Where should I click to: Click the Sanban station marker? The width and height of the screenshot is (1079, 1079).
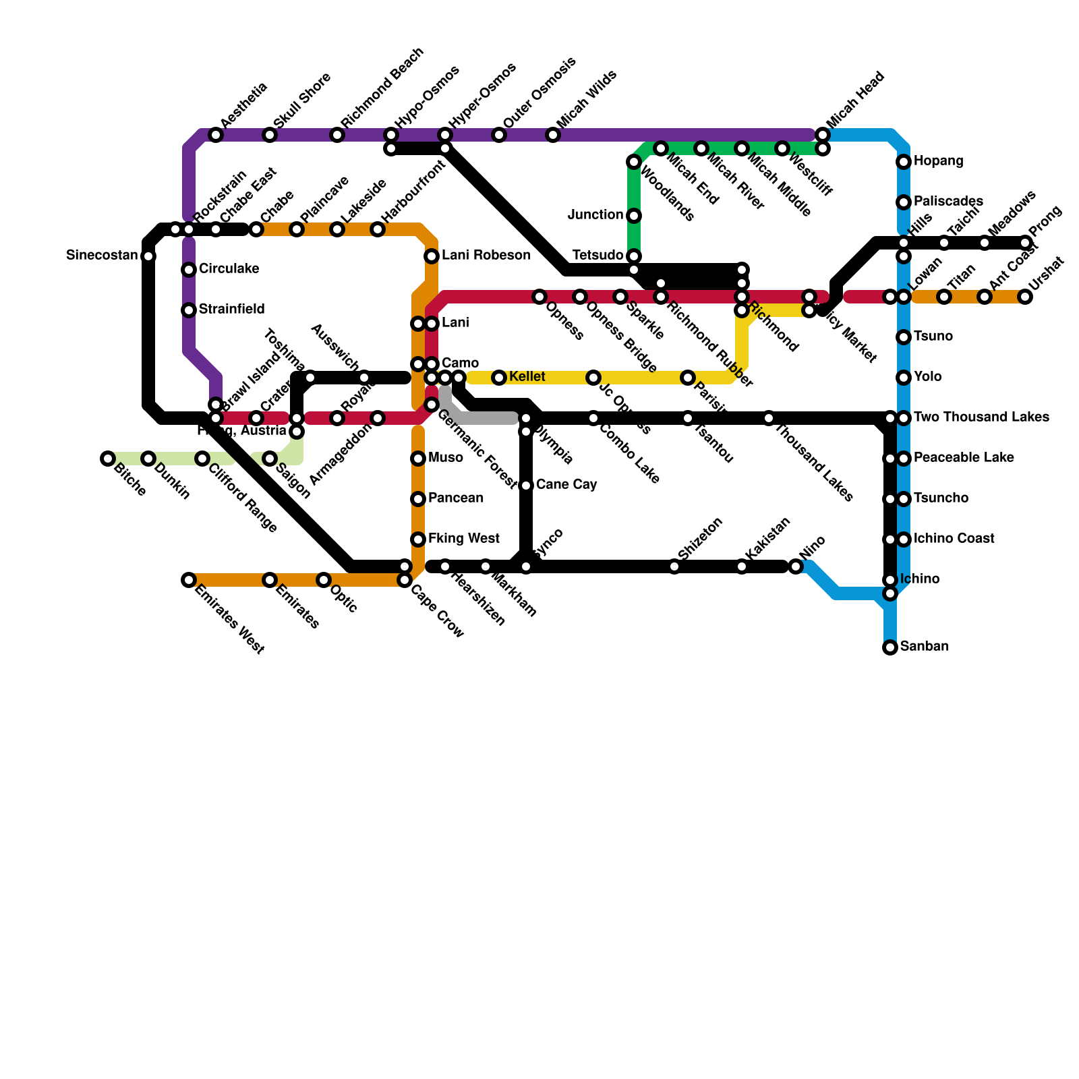pyautogui.click(x=890, y=647)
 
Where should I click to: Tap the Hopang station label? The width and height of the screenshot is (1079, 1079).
pyautogui.click(x=938, y=161)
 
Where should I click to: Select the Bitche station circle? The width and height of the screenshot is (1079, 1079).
pyautogui.click(x=108, y=459)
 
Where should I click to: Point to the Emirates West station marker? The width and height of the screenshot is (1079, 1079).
pyautogui.click(x=189, y=580)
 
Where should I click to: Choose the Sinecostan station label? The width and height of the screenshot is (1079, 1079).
pyautogui.click(x=102, y=256)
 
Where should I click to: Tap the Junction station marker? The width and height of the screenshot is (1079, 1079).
pyautogui.click(x=634, y=216)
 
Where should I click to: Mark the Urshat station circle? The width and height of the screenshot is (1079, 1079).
pyautogui.click(x=1025, y=297)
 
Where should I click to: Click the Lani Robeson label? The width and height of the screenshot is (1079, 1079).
pyautogui.click(x=486, y=256)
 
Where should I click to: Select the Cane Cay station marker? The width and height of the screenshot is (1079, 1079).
pyautogui.click(x=526, y=486)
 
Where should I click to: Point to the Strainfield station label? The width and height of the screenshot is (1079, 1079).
pyautogui.click(x=231, y=310)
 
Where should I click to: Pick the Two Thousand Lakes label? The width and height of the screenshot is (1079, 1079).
pyautogui.click(x=981, y=417)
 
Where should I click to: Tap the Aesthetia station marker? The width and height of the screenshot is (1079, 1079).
pyautogui.click(x=216, y=135)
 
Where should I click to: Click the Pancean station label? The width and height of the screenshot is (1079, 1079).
pyautogui.click(x=456, y=498)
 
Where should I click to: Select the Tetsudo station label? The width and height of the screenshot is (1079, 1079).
pyautogui.click(x=597, y=256)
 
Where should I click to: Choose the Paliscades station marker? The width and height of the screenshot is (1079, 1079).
pyautogui.click(x=904, y=202)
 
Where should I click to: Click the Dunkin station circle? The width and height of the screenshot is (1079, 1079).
pyautogui.click(x=148, y=459)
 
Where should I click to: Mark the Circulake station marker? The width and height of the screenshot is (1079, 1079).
pyautogui.click(x=189, y=270)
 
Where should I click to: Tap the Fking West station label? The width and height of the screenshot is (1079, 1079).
pyautogui.click(x=464, y=539)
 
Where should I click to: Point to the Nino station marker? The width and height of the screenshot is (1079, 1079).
pyautogui.click(x=796, y=566)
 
